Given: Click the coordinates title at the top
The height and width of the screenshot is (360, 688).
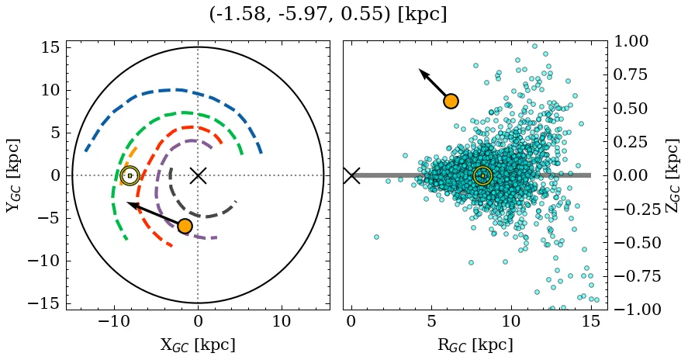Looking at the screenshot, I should (328, 15).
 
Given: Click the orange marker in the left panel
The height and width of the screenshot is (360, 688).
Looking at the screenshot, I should (185, 226).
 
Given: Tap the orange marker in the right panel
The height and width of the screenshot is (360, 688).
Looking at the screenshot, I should (451, 101).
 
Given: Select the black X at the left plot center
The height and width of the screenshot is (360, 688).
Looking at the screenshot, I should (198, 175).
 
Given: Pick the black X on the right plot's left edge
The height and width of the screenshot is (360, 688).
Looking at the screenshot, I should (351, 175).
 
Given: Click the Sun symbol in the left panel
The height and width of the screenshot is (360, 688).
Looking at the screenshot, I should (130, 175).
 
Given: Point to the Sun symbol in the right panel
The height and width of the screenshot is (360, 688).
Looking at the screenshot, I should (482, 175).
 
